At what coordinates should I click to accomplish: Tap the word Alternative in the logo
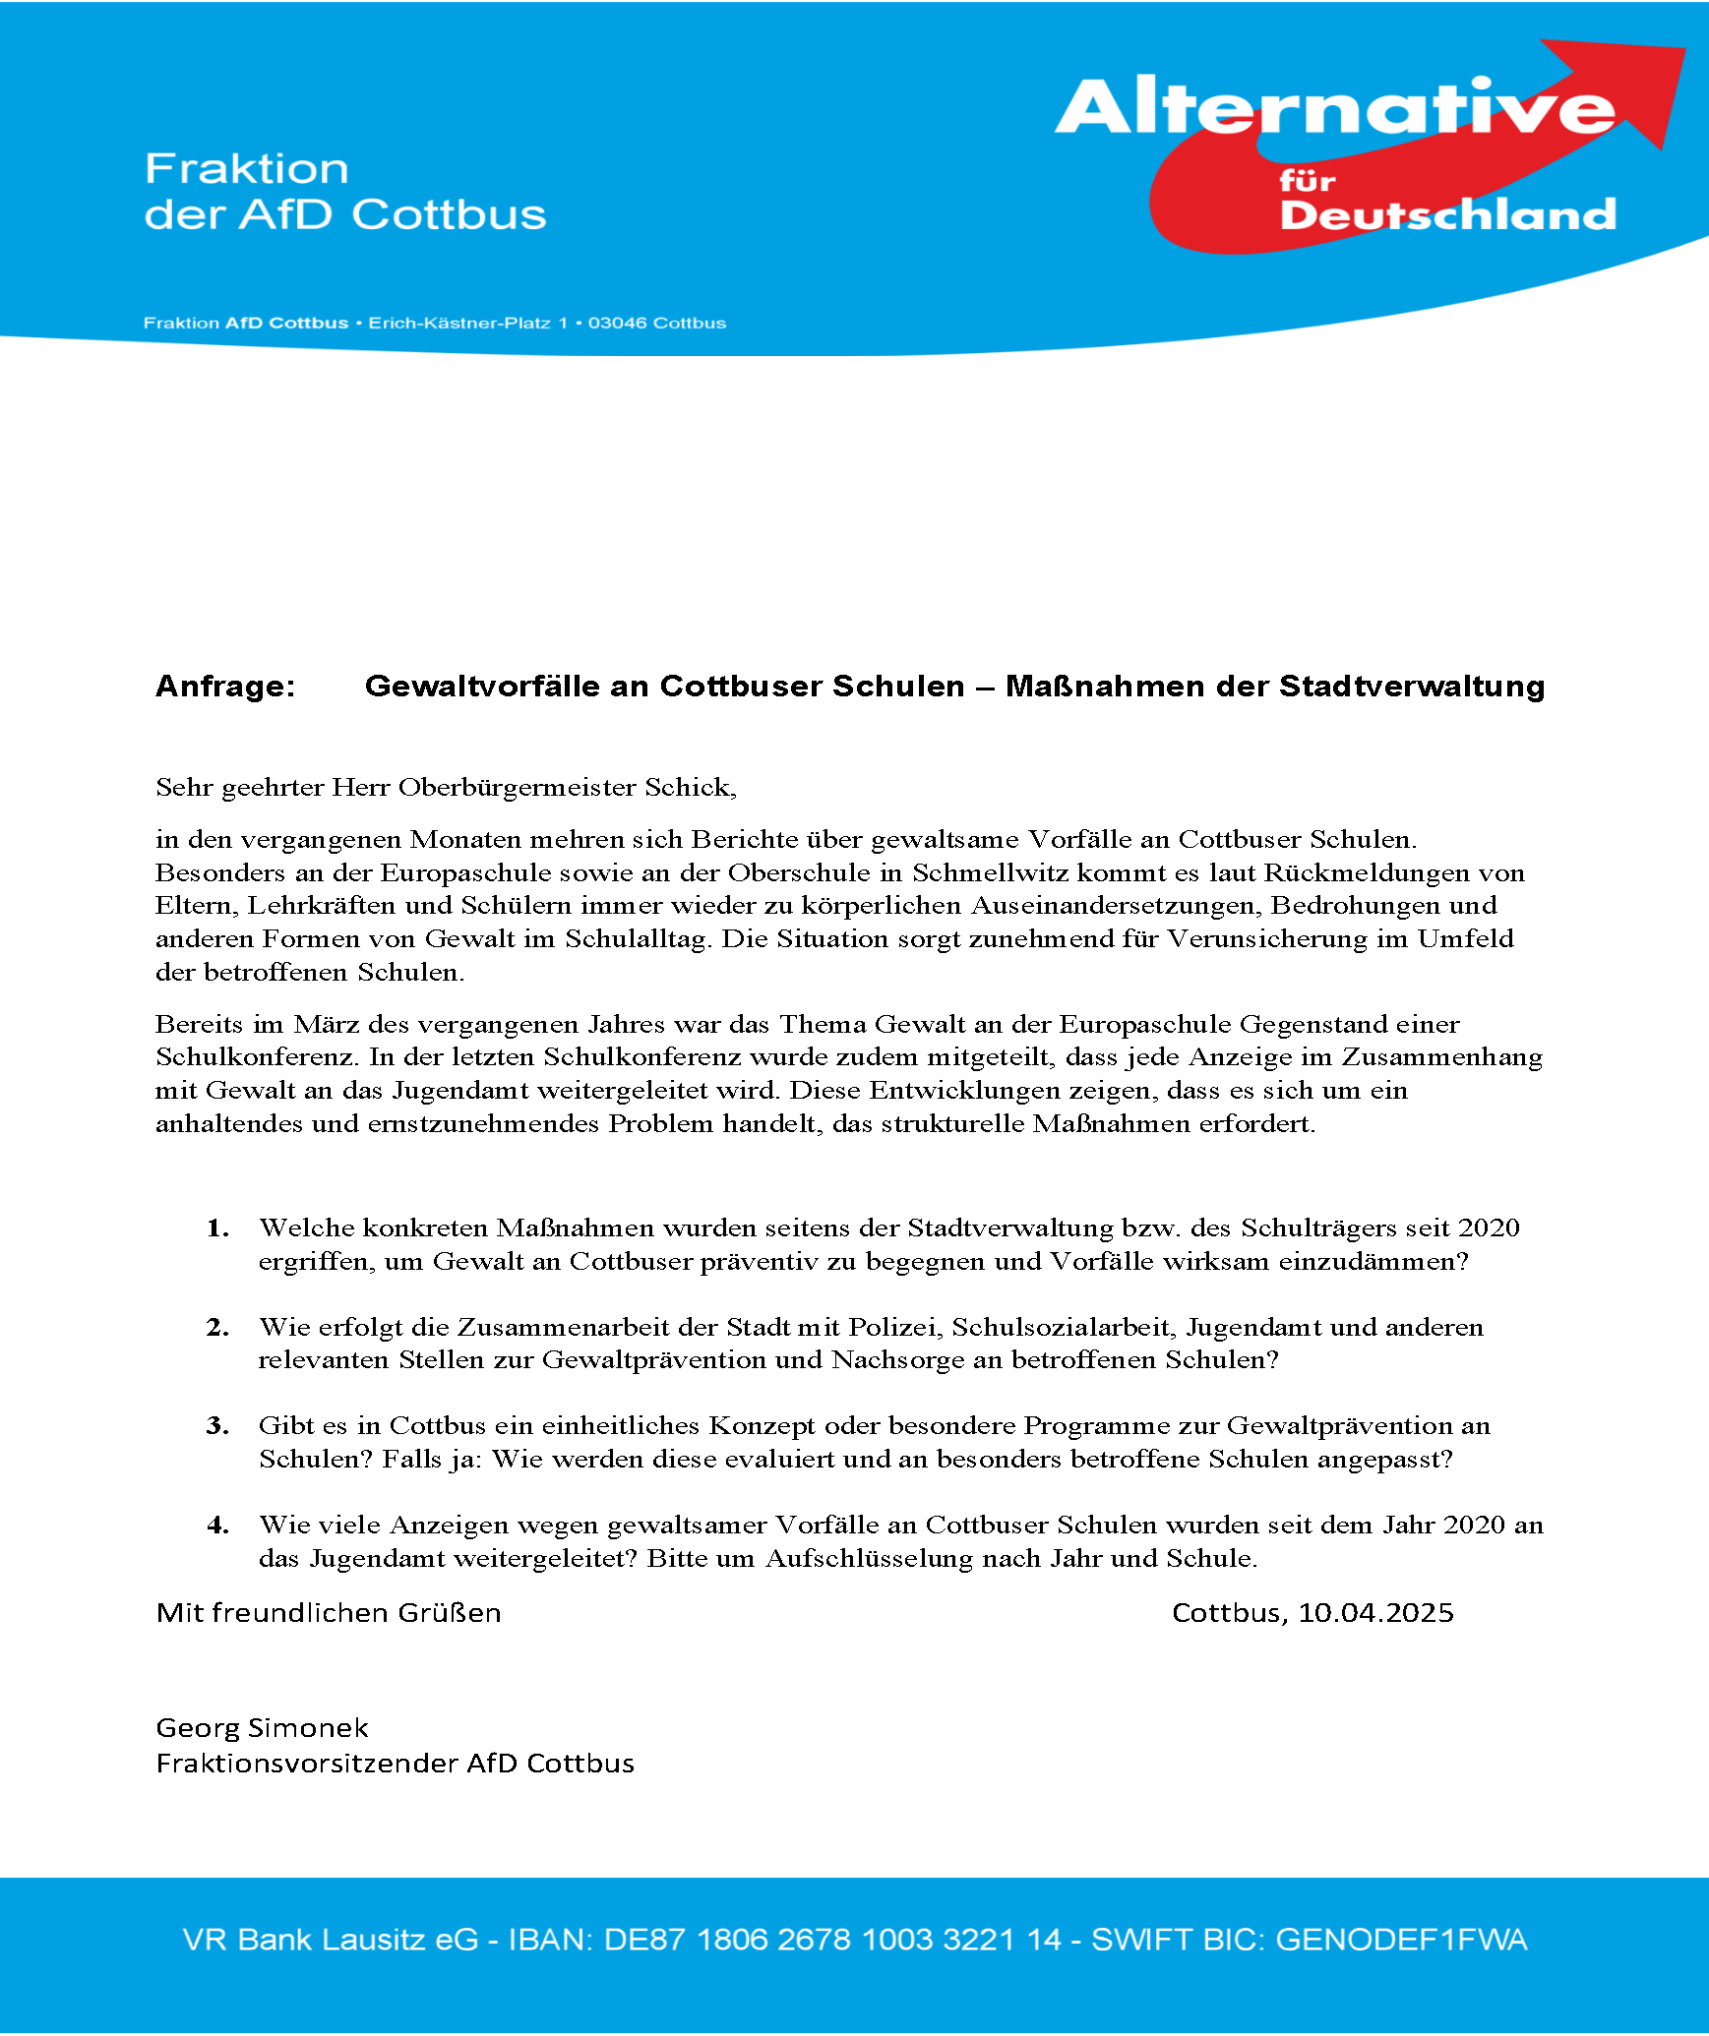pyautogui.click(x=1333, y=108)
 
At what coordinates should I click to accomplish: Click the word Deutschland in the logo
pyautogui.click(x=1447, y=214)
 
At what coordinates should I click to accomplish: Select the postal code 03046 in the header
pyautogui.click(x=618, y=324)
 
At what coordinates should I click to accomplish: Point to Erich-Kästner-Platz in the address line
pyautogui.click(x=458, y=324)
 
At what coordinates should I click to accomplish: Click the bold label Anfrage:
pyautogui.click(x=225, y=686)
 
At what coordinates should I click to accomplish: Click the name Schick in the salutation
pyautogui.click(x=688, y=787)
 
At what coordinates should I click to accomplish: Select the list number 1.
pyautogui.click(x=217, y=1228)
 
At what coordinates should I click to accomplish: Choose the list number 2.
pyautogui.click(x=217, y=1327)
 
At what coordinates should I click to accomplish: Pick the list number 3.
pyautogui.click(x=217, y=1425)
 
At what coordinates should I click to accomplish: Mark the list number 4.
pyautogui.click(x=217, y=1525)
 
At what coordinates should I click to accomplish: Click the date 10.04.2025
pyautogui.click(x=1375, y=1612)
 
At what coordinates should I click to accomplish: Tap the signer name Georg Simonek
pyautogui.click(x=262, y=1727)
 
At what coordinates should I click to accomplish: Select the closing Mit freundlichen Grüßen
pyautogui.click(x=329, y=1612)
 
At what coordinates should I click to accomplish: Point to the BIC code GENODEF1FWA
pyautogui.click(x=1401, y=1939)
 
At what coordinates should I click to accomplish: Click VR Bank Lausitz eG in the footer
pyautogui.click(x=331, y=1939)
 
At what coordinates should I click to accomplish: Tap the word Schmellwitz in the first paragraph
pyautogui.click(x=990, y=872)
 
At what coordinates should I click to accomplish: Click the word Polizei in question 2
pyautogui.click(x=892, y=1327)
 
